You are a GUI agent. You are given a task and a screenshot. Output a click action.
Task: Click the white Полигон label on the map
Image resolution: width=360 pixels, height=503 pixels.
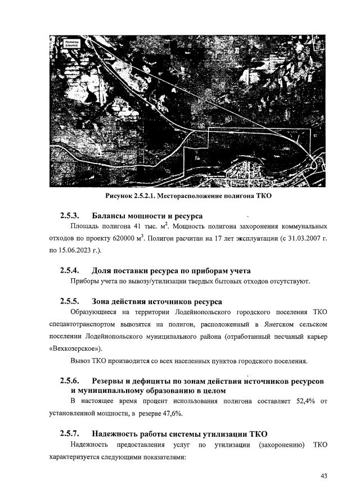tap(71, 42)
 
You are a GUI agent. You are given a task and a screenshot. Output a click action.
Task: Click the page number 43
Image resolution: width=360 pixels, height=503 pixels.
tap(324, 477)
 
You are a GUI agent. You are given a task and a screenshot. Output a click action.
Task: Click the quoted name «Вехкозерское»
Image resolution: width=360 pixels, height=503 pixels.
tap(84, 348)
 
